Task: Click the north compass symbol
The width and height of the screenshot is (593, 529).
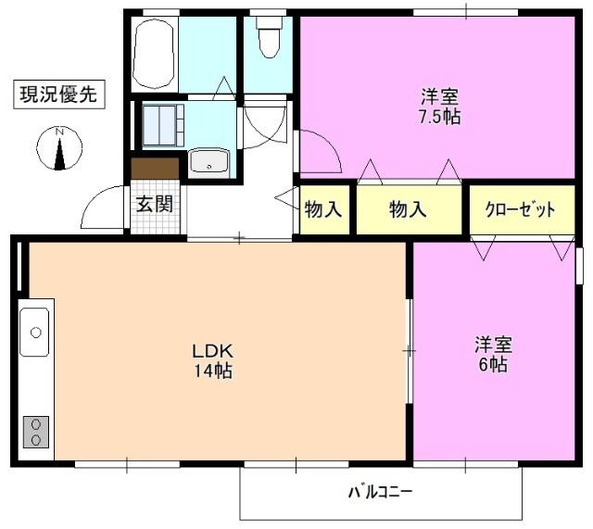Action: coord(60,148)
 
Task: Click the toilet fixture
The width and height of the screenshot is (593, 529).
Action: coord(269,39)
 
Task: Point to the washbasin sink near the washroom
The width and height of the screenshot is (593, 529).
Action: coord(211,164)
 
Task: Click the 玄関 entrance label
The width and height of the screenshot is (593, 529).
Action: coord(154,204)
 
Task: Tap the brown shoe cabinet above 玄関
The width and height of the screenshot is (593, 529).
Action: coord(155,169)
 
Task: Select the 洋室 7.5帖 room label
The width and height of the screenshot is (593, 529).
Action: coord(439,106)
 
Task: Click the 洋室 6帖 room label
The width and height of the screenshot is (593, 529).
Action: coord(493,354)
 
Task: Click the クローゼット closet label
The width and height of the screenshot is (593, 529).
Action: coord(520,209)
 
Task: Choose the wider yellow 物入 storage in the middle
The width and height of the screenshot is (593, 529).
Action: coord(408,209)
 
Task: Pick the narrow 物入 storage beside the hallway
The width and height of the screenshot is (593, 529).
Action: coord(323,209)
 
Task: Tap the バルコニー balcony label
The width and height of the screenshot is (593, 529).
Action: coord(380,492)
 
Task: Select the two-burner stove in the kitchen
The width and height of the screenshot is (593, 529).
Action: coord(36,431)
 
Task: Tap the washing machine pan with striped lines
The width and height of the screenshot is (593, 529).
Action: coord(163,125)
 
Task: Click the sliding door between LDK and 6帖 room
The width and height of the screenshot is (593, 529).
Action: coord(409,350)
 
